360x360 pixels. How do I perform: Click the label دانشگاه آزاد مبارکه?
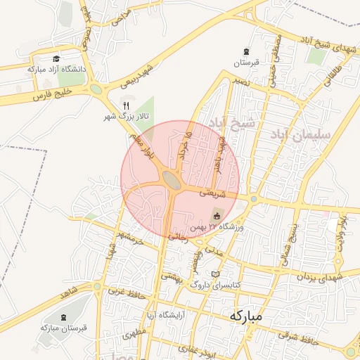point(56,69)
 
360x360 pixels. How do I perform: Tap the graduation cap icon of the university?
point(56,58)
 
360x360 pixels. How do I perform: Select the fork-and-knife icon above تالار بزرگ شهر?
point(126,105)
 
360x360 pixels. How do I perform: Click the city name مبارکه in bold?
point(245,317)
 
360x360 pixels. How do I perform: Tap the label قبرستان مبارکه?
point(63,328)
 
